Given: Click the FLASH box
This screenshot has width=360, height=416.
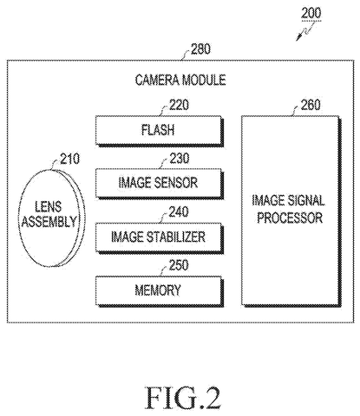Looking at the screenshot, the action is point(160,131).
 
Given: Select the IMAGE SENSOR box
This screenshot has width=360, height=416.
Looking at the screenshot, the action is point(160,184).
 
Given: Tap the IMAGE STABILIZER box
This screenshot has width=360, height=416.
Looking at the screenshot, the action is point(160,237).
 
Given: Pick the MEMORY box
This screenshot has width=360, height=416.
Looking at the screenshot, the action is point(160,290).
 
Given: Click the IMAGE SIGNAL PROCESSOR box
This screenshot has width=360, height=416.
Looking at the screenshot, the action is point(291,211).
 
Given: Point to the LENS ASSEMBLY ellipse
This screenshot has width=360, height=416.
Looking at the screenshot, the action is point(52,218).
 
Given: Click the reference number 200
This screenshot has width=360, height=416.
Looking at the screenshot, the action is point(311,13).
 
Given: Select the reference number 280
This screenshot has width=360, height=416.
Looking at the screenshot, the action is point(200,49).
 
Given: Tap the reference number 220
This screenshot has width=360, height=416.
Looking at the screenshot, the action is point(180,105).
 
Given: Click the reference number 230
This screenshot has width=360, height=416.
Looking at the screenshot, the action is point(180,158).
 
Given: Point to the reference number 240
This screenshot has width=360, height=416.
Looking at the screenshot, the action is point(179,211).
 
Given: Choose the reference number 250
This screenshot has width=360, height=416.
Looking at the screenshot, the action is point(179,265).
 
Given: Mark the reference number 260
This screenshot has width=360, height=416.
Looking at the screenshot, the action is point(311,105).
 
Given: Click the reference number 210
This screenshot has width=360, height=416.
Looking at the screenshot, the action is point(69,159).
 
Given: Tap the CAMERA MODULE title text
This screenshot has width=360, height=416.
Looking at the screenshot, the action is point(180,80).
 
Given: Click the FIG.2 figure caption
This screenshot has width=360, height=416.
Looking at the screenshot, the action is point(183,398).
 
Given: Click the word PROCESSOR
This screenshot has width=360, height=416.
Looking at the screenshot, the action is point(290,218).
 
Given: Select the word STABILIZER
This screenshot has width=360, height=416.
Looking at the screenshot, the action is point(176,237).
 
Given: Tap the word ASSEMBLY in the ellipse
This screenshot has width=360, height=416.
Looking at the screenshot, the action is point(49,222).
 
